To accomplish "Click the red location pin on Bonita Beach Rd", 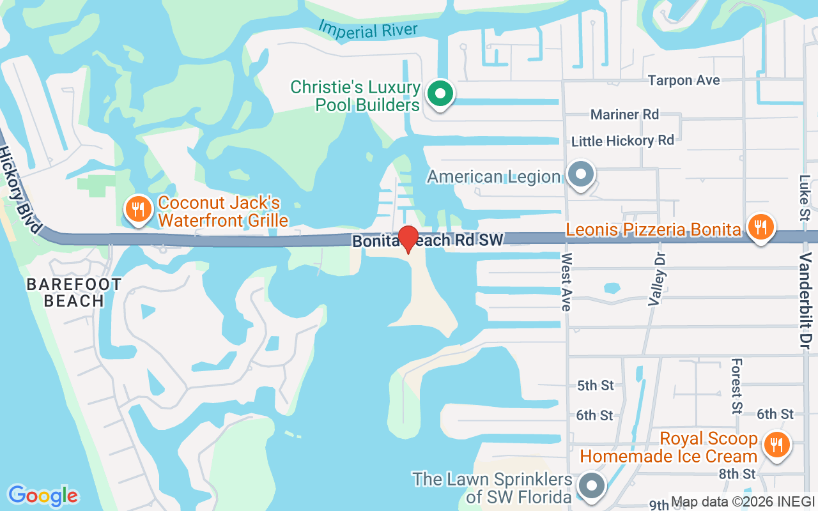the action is tap(408, 238).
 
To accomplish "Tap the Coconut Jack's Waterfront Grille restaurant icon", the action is tap(137, 210).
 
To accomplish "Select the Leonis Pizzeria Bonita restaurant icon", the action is tap(760, 227).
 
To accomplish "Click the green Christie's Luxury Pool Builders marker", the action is tap(440, 94).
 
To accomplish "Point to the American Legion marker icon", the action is tap(581, 174).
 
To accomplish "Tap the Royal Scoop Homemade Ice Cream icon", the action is tap(776, 444).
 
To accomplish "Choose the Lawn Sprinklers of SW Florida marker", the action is tap(592, 486).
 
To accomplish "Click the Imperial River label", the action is tap(368, 28).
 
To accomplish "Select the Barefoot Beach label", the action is tap(74, 293).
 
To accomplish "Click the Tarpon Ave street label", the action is tap(684, 80).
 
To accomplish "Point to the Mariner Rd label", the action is tap(624, 114).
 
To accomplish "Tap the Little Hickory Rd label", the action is tap(622, 141).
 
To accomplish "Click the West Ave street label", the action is tap(566, 282).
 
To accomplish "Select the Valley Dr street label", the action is tap(656, 278).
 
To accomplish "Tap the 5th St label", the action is tap(595, 385).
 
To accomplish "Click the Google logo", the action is tap(43, 496).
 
